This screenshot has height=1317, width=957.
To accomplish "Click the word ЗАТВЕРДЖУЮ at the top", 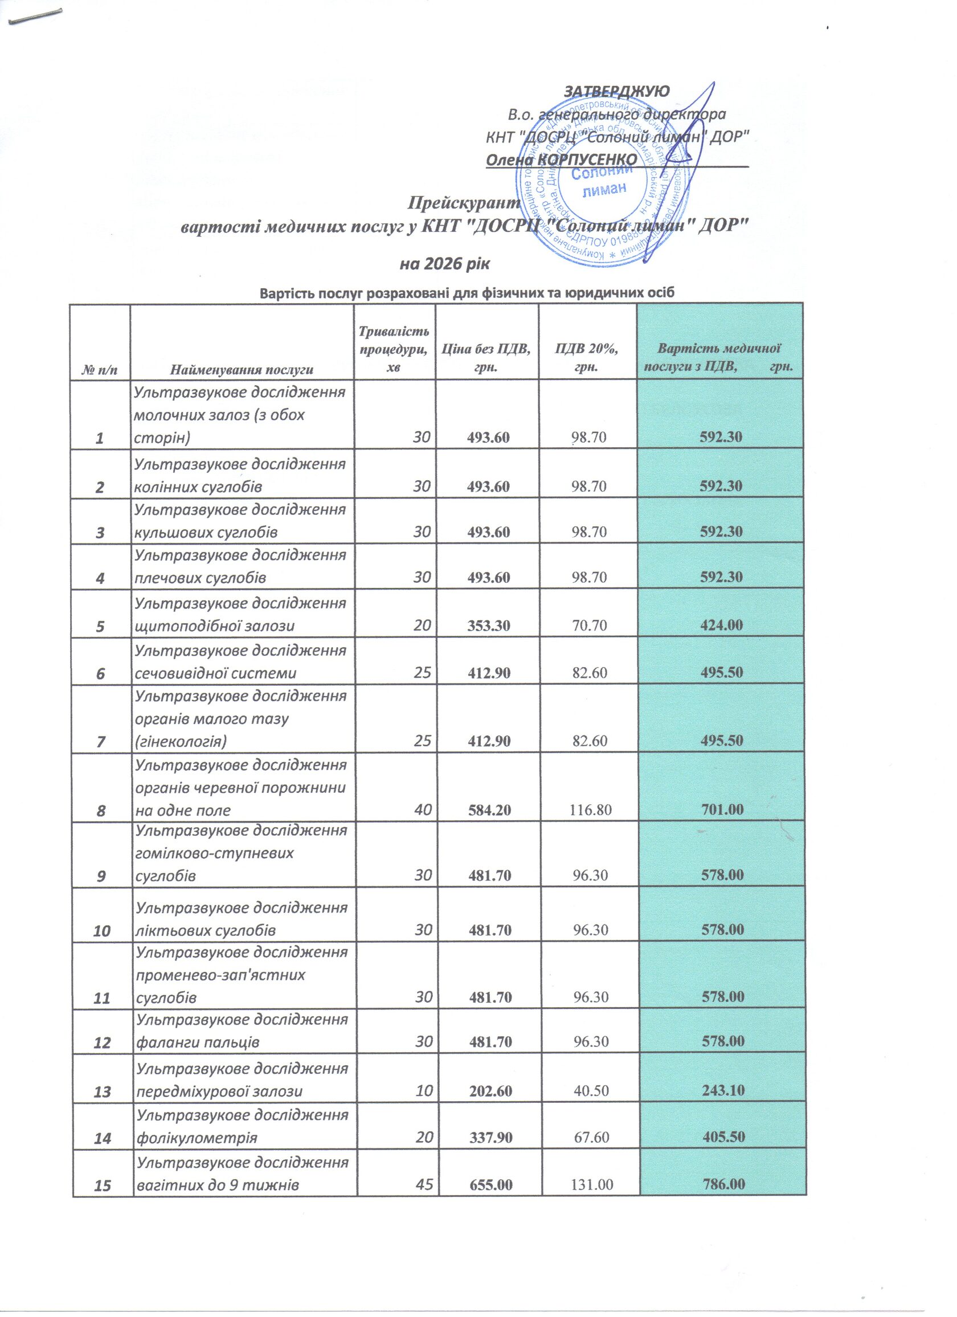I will [x=616, y=91].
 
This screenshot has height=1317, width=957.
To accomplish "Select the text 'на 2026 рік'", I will [x=445, y=265].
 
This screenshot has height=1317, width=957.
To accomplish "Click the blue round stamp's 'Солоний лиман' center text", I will [x=603, y=180].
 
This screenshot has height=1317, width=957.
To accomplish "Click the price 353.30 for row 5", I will [x=489, y=625].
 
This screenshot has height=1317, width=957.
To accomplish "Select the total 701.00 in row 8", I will [x=721, y=809].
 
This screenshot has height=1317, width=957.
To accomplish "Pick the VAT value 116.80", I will [x=591, y=809].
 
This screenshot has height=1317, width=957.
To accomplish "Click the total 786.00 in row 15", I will [x=723, y=1185].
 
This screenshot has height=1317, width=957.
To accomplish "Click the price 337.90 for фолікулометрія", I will [x=490, y=1137].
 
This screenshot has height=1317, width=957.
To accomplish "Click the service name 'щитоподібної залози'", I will [x=214, y=626].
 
